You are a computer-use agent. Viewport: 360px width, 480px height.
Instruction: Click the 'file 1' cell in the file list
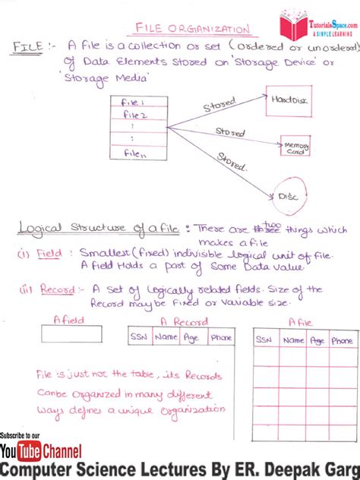[x=138, y=102]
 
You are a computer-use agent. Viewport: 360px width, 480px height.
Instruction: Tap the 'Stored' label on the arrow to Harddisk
[x=219, y=104]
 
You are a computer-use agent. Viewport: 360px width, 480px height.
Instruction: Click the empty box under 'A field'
[x=71, y=333]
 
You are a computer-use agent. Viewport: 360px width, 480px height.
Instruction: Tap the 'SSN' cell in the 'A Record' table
[x=139, y=336]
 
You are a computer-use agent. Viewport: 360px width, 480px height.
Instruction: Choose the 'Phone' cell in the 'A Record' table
[x=221, y=336]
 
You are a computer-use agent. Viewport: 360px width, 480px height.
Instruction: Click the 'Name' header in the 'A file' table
[x=293, y=341]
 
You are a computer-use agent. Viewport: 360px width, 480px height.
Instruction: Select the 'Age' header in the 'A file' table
[x=317, y=341]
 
